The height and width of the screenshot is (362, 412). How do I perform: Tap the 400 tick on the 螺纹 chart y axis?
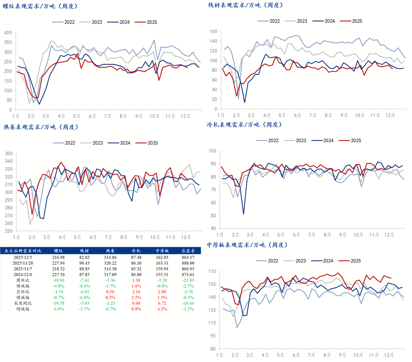click(x=8, y=32)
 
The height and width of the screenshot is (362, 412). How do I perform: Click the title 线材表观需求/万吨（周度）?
click(x=245, y=6)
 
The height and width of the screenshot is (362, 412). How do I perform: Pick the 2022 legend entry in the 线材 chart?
click(x=270, y=21)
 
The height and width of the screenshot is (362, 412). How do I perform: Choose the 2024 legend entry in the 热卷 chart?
click(x=119, y=143)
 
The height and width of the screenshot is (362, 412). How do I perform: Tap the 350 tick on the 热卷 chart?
click(x=8, y=154)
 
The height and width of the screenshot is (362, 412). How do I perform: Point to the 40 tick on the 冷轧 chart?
click(x=212, y=228)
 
